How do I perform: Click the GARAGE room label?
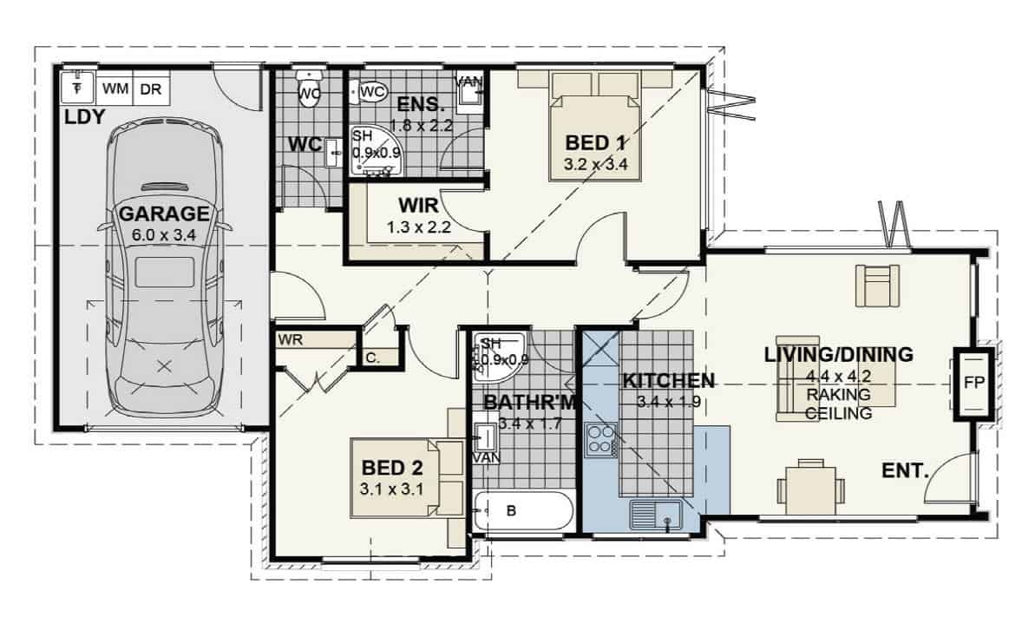point(164,213)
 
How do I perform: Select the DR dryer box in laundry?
point(150,89)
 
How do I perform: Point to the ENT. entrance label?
point(905,472)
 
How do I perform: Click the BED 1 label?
point(595,143)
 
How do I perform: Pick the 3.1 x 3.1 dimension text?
point(390,489)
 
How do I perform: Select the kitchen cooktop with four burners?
point(600,440)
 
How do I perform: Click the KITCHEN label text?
point(669,380)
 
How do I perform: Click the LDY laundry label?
point(85,116)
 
